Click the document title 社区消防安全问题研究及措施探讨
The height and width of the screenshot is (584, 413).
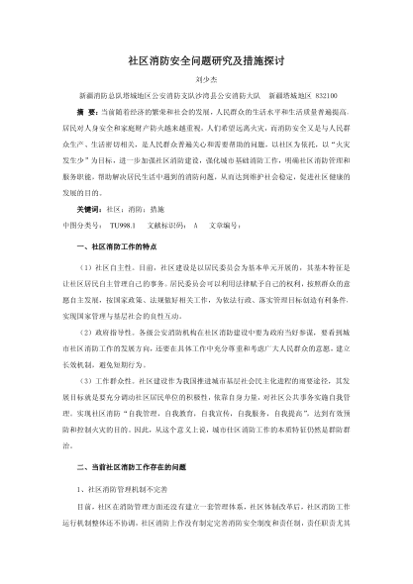click(206, 60)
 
